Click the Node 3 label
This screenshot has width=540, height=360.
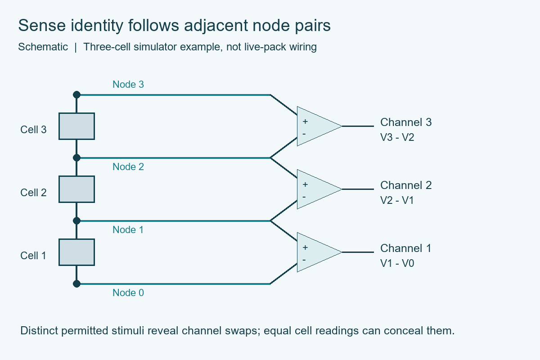click(128, 85)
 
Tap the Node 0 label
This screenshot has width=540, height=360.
click(128, 293)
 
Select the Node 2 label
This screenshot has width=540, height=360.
click(128, 166)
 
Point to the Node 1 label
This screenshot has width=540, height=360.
click(128, 229)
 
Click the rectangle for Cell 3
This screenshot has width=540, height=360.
click(76, 126)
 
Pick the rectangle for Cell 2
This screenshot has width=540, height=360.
click(76, 189)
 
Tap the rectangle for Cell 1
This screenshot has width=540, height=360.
click(76, 252)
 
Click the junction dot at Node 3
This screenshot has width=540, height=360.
click(76, 95)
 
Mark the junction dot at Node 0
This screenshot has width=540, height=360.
click(76, 284)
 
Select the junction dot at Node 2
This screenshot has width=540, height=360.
click(76, 157)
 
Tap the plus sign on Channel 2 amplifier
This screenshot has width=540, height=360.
click(305, 184)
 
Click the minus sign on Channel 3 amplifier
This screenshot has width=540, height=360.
click(304, 134)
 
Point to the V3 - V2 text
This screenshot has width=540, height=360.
click(397, 137)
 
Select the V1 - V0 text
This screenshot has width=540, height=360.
click(397, 263)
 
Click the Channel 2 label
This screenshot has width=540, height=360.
click(406, 185)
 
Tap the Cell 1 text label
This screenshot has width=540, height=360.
click(33, 256)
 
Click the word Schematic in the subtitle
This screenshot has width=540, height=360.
click(43, 47)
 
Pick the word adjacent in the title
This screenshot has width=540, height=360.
click(216, 26)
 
